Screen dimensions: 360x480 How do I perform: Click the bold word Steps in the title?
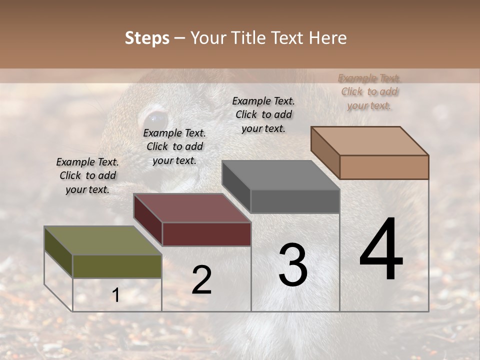coord(147,38)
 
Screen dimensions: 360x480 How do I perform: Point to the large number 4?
coord(381,250)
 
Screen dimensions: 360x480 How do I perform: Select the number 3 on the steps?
coord(293,265)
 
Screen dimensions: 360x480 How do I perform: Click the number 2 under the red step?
coord(201,280)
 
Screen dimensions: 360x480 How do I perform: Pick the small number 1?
coord(116,295)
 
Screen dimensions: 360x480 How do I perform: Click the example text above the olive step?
coord(87,175)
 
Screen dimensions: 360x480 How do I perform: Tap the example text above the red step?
coord(174,146)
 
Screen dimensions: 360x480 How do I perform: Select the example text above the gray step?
coord(263,114)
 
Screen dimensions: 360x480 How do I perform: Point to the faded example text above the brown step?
coord(369,91)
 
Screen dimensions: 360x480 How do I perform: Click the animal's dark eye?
coord(154,119)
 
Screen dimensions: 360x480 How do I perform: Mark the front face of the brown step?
coord(384,167)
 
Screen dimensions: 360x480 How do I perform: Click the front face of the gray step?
coord(295,201)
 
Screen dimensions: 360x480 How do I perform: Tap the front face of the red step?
coord(206,234)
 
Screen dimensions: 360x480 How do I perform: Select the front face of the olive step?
coord(117,266)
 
